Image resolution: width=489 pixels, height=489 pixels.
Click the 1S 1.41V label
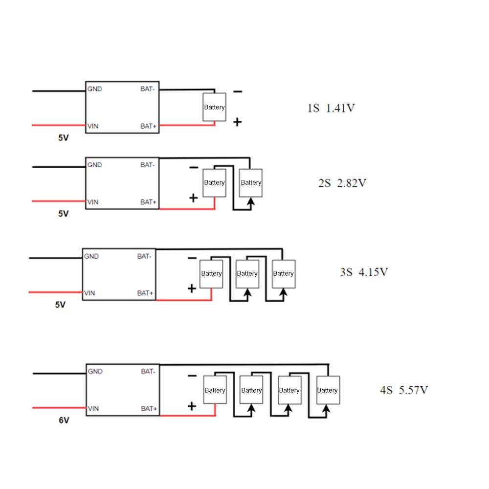tap(331, 108)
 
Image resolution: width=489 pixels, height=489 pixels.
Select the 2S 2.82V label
tap(342, 183)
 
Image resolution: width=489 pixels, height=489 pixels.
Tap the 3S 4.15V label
tap(364, 272)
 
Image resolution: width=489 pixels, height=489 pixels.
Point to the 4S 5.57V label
tap(404, 390)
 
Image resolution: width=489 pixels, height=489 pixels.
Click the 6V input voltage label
tap(64, 421)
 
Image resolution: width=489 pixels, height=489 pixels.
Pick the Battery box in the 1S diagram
tap(214, 107)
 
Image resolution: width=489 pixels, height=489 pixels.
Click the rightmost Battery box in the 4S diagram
tap(328, 390)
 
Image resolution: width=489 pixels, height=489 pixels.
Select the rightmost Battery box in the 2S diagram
tap(251, 183)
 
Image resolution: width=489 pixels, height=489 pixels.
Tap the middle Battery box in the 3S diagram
tap(247, 274)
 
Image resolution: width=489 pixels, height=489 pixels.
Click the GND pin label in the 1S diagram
tap(94, 89)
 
